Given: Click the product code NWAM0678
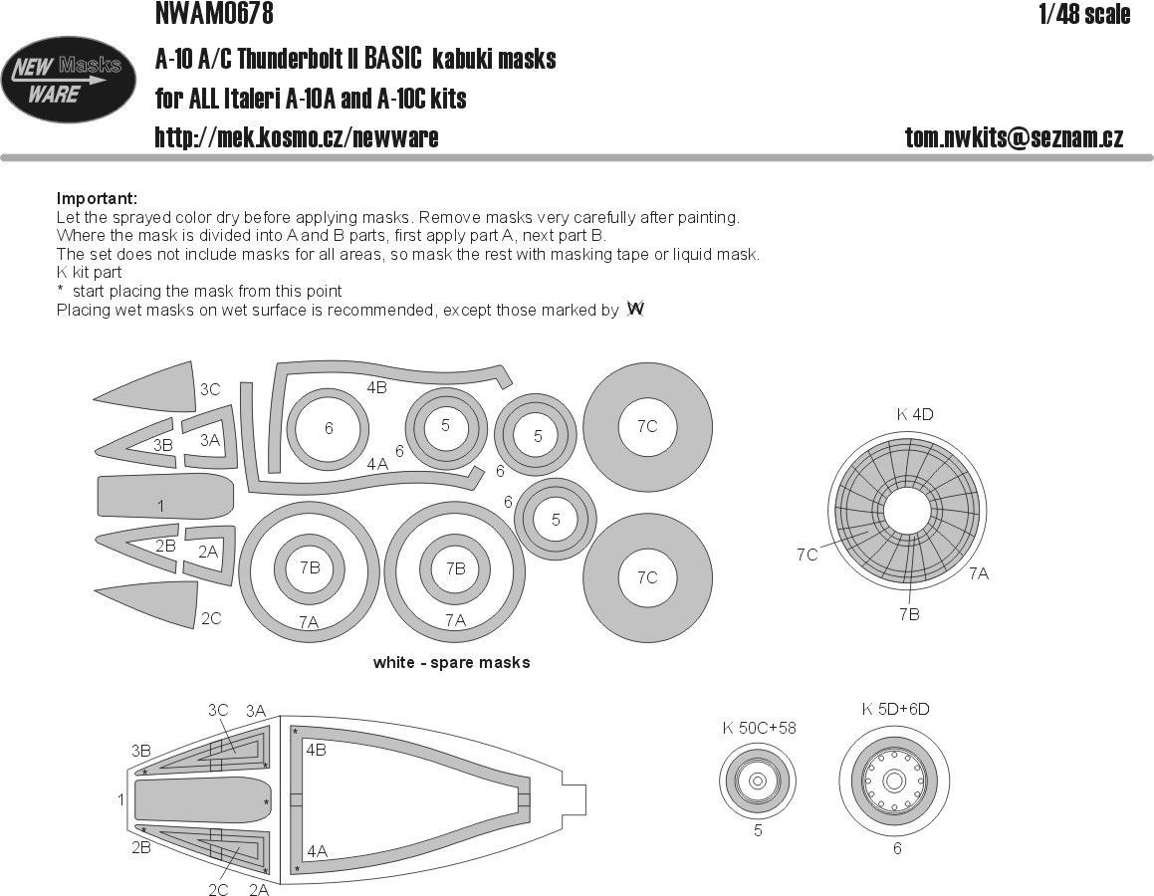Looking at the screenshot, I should click(214, 13).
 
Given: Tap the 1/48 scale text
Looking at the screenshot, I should click(1082, 14).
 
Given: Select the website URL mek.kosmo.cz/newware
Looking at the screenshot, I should click(296, 137).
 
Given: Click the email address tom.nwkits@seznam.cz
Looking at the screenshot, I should click(1014, 137).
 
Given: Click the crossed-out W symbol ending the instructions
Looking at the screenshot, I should click(635, 310).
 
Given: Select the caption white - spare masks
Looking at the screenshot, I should click(451, 662).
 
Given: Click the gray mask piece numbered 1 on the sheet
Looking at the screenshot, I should click(164, 496).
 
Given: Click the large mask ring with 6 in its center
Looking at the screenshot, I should click(329, 429).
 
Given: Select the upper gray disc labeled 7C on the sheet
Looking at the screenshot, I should click(646, 426).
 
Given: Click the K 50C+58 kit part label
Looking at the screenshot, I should click(759, 728).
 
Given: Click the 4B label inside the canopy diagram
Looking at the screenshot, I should click(317, 750).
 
